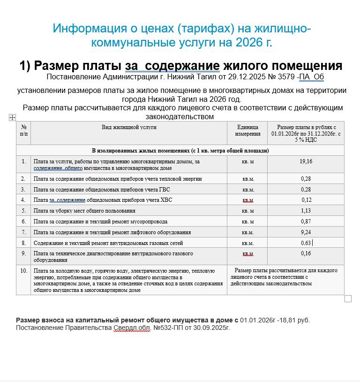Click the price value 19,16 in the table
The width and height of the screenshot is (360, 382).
(306, 161)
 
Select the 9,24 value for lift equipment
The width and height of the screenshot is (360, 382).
(306, 232)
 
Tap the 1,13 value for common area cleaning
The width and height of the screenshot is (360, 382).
(306, 211)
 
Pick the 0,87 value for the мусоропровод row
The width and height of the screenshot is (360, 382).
(306, 222)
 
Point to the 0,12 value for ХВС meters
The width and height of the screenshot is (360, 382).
(306, 200)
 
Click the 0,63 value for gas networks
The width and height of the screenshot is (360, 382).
(306, 243)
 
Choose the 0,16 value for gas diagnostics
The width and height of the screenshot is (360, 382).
(306, 254)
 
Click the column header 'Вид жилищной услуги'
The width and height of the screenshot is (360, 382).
(129, 127)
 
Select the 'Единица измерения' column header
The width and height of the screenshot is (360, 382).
(247, 130)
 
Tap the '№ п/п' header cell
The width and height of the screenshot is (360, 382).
(23, 130)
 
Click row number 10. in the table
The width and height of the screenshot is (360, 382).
(23, 271)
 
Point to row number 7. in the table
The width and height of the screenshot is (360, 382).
(23, 232)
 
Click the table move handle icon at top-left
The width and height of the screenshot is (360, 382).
(13, 118)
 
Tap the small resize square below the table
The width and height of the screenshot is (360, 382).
(348, 299)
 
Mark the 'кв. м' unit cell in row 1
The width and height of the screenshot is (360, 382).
(247, 161)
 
